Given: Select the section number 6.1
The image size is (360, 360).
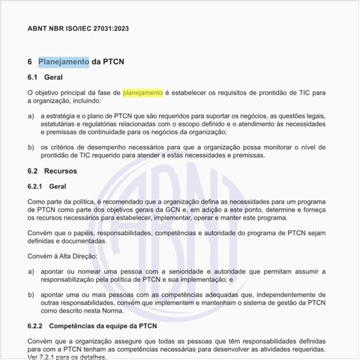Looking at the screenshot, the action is [34, 78].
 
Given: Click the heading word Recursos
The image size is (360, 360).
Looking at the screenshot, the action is [61, 171].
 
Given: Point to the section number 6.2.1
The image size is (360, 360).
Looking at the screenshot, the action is [37, 187].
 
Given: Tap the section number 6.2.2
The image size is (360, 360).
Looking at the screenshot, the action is [37, 325].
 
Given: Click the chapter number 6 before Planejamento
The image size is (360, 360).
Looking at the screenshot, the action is [30, 62].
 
